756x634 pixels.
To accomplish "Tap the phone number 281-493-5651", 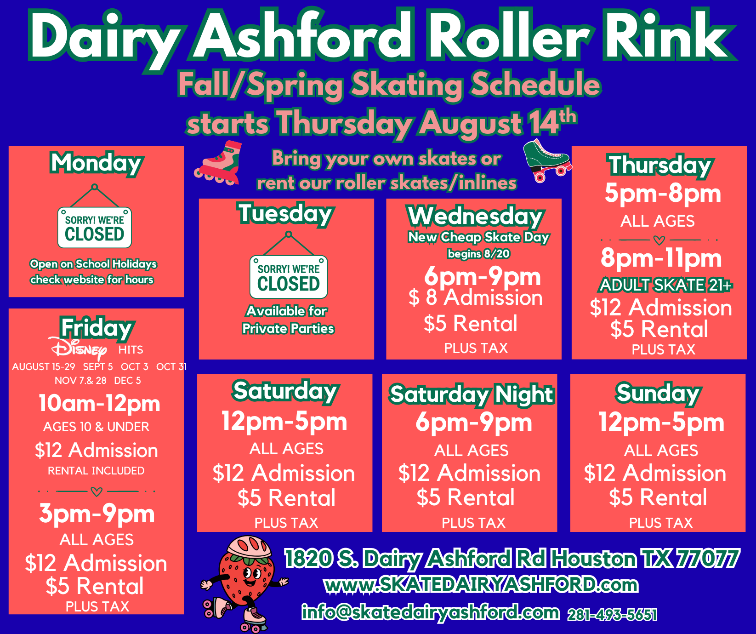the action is [x=612, y=615].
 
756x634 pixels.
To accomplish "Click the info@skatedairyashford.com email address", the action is [x=431, y=612].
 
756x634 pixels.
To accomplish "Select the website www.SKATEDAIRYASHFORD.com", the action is [x=481, y=585].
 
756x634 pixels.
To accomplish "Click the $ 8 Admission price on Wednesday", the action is [x=476, y=297].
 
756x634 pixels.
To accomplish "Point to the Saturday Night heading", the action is [x=472, y=394].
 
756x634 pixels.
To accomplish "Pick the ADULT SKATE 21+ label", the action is [x=665, y=285].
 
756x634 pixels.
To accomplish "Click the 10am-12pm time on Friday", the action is [x=99, y=403].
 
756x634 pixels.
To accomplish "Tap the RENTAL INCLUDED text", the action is [x=96, y=471].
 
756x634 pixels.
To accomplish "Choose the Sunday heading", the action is [x=658, y=394].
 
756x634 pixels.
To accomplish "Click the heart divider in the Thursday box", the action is [x=659, y=240].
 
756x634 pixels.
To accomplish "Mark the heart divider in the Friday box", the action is [x=97, y=491].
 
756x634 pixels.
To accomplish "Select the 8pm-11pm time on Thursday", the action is [x=661, y=258].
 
